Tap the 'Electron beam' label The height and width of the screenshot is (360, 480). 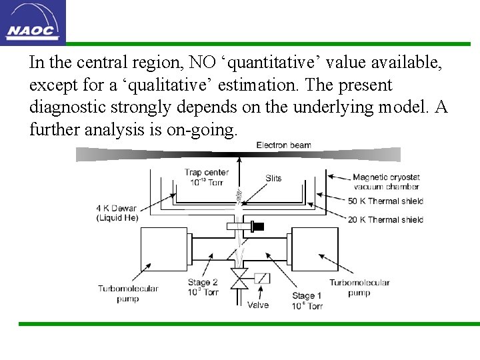coord(283,145)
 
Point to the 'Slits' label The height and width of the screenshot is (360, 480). coord(273,178)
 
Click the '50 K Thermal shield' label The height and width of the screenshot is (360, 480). coord(385,201)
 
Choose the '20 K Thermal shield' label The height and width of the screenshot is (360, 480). coord(385,219)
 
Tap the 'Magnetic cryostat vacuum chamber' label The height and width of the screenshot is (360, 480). coord(386,182)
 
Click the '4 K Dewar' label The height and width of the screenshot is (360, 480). coord(117,213)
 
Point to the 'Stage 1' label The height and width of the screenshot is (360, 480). coord(307,301)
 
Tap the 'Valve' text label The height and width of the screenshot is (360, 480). coord(258,305)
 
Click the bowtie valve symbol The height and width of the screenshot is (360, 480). coord(239,279)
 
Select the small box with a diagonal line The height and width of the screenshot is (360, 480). coord(262,278)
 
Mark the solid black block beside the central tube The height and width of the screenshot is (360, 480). coord(257,227)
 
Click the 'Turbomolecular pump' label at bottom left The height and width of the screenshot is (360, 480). coord(128,294)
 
